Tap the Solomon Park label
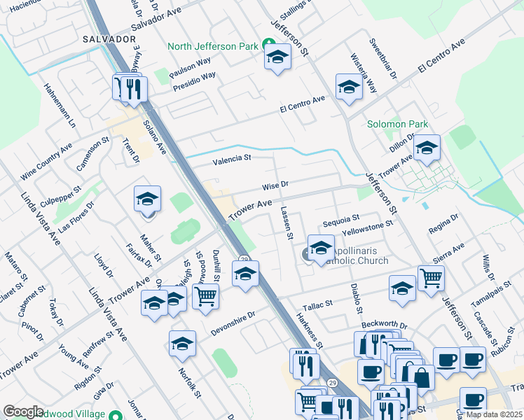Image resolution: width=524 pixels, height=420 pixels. pos(397,125)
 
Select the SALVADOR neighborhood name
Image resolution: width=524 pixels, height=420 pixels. pos(108,38)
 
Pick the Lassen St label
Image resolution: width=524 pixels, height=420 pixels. pos(287,223)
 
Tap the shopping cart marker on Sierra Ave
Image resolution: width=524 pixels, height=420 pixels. pos(431,277)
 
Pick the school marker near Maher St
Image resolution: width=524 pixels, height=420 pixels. pos(147,199)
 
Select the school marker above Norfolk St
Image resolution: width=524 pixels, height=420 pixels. pos(182,343)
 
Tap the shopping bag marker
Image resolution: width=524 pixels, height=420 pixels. pos(423,377)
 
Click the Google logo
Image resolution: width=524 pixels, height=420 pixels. pos(23,412)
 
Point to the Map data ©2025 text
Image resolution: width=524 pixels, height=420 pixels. pos(493,414)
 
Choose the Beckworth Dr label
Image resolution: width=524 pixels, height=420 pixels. pos(384,325)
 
